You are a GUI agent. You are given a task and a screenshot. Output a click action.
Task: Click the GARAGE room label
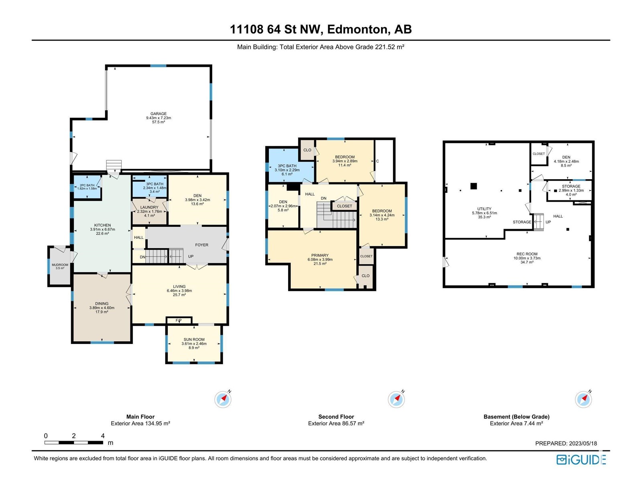(158, 114)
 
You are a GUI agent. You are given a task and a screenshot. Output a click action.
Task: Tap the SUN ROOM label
(194, 339)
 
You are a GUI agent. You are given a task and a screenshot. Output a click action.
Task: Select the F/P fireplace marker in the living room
(179, 321)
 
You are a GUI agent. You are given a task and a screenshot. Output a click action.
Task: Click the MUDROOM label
(60, 265)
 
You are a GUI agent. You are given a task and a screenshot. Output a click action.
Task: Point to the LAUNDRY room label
(149, 207)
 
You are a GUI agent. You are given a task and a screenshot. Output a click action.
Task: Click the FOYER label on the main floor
(202, 245)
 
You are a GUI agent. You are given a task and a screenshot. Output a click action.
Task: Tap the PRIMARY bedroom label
(320, 255)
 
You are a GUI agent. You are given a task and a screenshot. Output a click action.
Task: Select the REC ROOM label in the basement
(527, 254)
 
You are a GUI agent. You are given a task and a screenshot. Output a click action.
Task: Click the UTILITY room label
(484, 208)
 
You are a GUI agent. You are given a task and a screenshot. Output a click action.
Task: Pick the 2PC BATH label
(87, 185)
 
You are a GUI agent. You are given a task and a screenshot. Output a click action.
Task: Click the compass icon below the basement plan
(583, 399)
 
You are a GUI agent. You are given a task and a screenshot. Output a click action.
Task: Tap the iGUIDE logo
(581, 460)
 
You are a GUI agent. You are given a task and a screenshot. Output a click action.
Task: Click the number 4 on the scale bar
(103, 436)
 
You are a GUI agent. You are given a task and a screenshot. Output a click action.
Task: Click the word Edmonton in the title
(358, 29)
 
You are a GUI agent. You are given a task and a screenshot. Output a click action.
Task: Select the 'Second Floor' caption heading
(336, 417)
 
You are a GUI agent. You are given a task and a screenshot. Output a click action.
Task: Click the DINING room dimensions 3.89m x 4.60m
(102, 308)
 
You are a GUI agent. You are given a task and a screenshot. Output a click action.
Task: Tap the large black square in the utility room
(473, 186)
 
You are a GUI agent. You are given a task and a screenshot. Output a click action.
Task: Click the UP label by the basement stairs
(548, 222)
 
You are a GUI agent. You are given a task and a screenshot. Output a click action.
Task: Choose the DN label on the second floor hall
(323, 198)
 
